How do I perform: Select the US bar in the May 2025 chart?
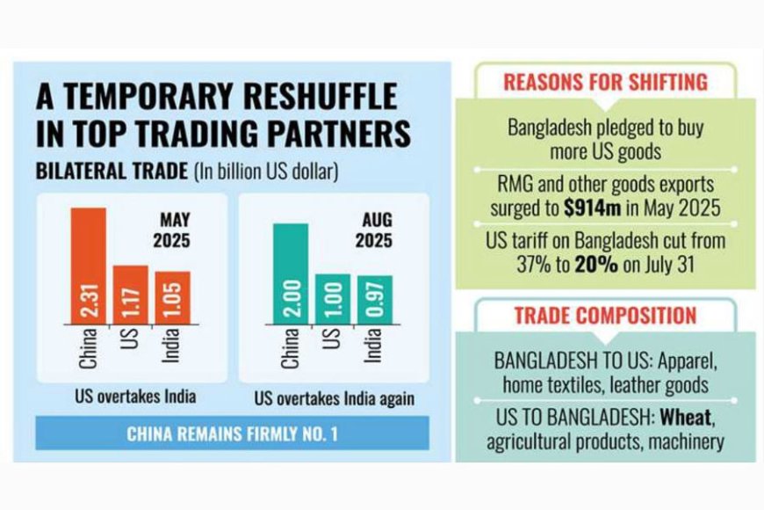(x=130, y=294)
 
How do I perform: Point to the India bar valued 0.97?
(x=374, y=299)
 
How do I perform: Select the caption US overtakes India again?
(x=334, y=397)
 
